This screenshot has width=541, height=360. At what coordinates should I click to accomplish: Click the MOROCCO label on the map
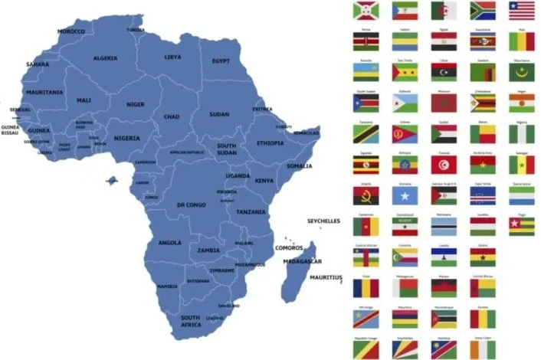71,31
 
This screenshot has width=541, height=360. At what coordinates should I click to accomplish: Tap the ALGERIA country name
105,57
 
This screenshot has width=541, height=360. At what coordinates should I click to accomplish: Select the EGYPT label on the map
221,61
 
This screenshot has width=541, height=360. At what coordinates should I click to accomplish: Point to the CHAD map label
172,116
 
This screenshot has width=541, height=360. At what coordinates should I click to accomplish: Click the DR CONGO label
191,205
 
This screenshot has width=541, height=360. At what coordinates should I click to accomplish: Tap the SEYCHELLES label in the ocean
323,221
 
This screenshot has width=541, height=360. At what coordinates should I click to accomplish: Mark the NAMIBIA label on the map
167,286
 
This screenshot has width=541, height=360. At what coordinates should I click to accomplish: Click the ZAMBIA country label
208,250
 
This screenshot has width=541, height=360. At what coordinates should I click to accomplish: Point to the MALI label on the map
84,100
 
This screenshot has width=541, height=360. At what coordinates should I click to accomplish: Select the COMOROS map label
288,247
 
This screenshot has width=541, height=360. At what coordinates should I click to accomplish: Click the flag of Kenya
365,41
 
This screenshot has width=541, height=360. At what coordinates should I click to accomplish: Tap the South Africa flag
483,11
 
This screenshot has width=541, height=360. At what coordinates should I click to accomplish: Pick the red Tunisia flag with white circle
444,164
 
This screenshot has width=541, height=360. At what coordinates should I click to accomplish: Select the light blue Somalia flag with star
404,195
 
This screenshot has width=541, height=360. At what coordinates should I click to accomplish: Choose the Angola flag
365,195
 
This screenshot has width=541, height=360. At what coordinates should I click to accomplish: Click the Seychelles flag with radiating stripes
404,349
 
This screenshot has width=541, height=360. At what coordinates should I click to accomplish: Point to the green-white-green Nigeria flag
522,133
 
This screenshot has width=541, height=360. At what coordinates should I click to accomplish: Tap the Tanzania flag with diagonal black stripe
365,133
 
